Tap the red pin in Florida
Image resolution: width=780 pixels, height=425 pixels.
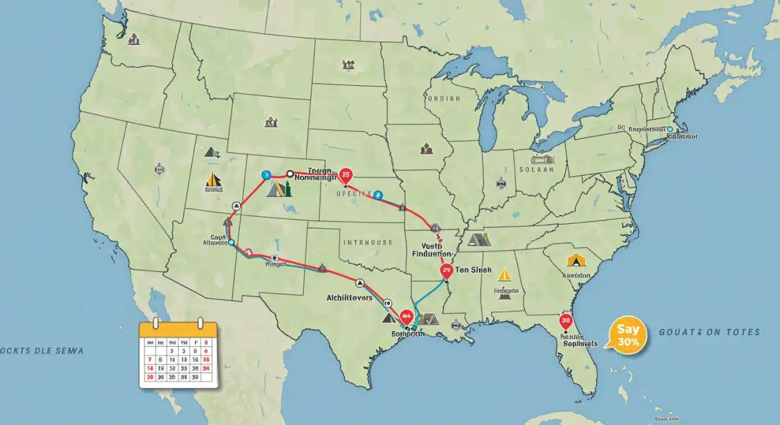point(565,320)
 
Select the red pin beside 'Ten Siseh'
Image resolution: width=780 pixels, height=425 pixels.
point(446,270)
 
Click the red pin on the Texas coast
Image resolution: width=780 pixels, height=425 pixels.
point(407,316)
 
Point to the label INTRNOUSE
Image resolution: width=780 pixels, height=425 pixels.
point(367,242)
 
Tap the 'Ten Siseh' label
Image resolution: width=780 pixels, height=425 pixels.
point(473,270)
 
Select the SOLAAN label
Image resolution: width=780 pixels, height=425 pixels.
point(536,169)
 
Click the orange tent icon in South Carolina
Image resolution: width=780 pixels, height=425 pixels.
point(575,260)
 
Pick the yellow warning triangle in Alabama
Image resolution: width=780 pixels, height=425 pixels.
point(504,275)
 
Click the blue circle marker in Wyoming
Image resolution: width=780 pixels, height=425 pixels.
point(265,175)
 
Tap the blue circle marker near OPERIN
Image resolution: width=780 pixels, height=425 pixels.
point(379,194)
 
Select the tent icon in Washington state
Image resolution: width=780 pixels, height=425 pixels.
point(135,39)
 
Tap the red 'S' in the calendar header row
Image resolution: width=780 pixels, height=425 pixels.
point(206,342)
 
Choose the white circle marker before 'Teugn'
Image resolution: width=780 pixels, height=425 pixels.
point(290,174)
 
